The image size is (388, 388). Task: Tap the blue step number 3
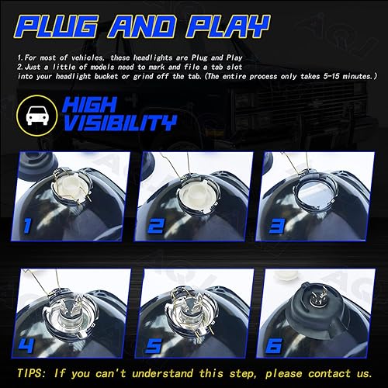click(276, 226)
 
